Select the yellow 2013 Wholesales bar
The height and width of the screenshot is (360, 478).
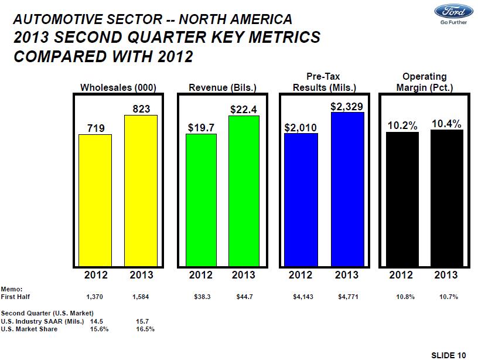click(x=141, y=191)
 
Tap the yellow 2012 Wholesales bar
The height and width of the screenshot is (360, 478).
click(x=95, y=200)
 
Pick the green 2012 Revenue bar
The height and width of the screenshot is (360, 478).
click(x=201, y=200)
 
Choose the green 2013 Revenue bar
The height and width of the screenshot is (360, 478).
click(x=244, y=191)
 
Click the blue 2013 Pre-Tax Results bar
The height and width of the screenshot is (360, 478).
click(x=347, y=189)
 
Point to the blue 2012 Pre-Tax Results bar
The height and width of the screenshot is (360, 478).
click(x=301, y=200)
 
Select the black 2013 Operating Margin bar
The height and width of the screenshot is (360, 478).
click(x=446, y=198)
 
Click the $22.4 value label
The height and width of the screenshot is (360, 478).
click(x=244, y=109)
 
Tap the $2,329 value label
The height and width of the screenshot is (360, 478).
click(x=347, y=106)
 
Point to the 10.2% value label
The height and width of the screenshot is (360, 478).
click(x=402, y=126)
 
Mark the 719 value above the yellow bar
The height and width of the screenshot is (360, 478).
click(x=95, y=127)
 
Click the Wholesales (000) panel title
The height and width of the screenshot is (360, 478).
click(x=118, y=87)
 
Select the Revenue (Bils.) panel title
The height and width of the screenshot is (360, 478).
click(x=223, y=87)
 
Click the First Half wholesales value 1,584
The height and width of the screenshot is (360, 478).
click(x=141, y=297)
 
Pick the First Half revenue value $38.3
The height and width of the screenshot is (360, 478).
click(x=202, y=297)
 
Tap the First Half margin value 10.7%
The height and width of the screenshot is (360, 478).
click(x=449, y=297)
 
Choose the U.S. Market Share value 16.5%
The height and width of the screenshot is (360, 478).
click(x=145, y=329)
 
